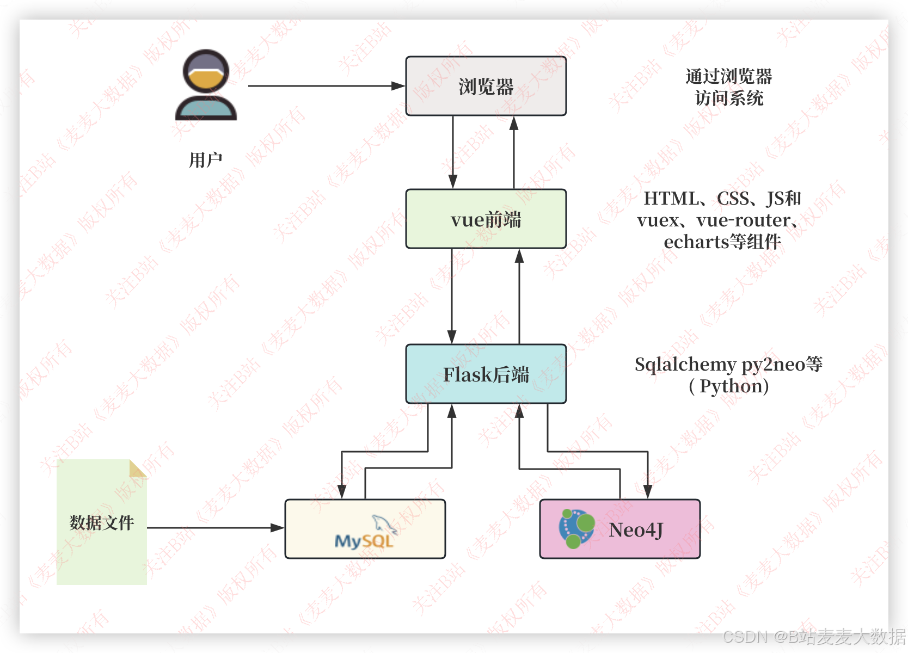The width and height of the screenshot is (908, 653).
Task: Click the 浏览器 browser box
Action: click(486, 86)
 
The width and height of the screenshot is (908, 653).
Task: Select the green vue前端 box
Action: click(486, 219)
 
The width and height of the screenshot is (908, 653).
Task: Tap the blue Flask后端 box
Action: click(486, 374)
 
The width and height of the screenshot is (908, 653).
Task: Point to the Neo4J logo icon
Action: click(576, 528)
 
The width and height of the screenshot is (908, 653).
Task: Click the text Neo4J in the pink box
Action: click(636, 529)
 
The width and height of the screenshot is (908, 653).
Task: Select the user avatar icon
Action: click(206, 85)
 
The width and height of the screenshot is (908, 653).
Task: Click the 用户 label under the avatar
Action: click(206, 160)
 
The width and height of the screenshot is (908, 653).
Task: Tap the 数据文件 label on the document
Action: click(102, 523)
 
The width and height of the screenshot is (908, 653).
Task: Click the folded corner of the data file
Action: click(138, 468)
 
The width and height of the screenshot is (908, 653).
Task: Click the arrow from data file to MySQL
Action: click(215, 527)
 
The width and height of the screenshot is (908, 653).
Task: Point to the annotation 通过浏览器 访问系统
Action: click(728, 87)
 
